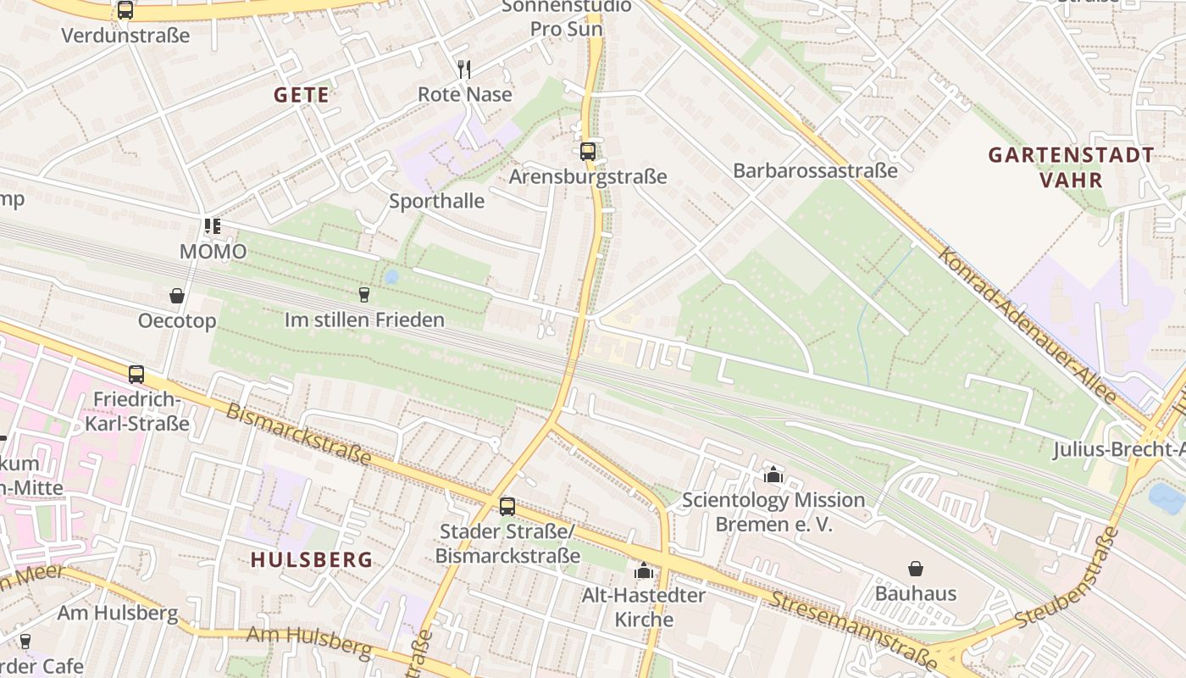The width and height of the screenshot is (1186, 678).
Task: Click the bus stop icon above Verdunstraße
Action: [125, 10]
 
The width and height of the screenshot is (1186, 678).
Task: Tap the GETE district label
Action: [301, 95]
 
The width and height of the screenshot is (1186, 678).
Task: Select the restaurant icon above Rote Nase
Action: [464, 69]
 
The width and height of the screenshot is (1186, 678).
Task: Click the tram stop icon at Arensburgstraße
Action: [587, 152]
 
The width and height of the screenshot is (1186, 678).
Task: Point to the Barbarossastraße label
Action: [815, 170]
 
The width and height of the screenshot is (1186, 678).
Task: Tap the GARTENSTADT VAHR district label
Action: [1071, 167]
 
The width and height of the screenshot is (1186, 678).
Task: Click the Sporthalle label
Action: [436, 201]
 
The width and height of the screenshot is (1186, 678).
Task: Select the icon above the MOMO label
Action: [212, 226]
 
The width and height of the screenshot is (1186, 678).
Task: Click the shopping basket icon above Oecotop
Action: [177, 296]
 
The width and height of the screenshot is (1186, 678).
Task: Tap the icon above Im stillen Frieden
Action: [364, 294]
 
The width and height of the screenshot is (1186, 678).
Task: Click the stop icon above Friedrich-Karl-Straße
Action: [136, 374]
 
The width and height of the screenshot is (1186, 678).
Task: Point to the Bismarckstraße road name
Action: [298, 434]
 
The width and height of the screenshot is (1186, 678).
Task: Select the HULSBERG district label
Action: [312, 559]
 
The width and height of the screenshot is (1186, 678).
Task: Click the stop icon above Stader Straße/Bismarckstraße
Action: [507, 506]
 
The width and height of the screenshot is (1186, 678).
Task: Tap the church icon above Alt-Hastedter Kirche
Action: [644, 570]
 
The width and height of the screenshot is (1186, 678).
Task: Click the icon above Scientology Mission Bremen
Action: [773, 475]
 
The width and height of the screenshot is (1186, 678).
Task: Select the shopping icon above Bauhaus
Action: [915, 568]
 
